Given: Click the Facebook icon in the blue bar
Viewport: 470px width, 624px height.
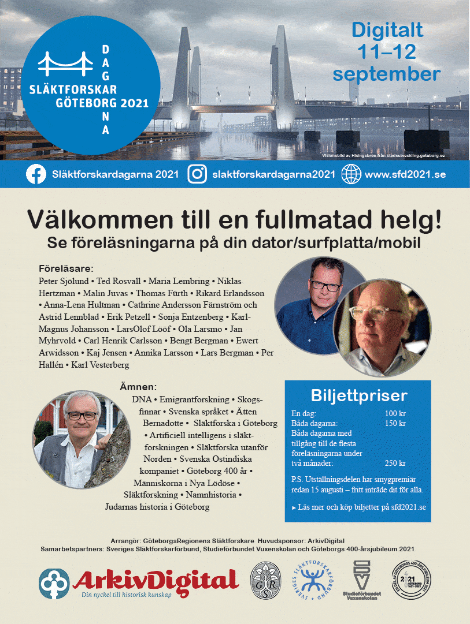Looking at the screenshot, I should [36, 174].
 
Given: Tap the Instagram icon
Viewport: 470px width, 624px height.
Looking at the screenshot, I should [197, 174].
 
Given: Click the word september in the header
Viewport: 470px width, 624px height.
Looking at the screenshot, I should [386, 74].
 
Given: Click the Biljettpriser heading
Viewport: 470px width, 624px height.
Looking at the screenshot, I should [358, 395].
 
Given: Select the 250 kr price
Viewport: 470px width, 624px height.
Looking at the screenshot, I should [395, 463].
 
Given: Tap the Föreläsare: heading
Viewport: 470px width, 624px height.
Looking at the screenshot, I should [66, 268].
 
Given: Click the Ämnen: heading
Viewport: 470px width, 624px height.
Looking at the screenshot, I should [139, 386].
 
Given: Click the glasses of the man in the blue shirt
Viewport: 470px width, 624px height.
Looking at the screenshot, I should [326, 285].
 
